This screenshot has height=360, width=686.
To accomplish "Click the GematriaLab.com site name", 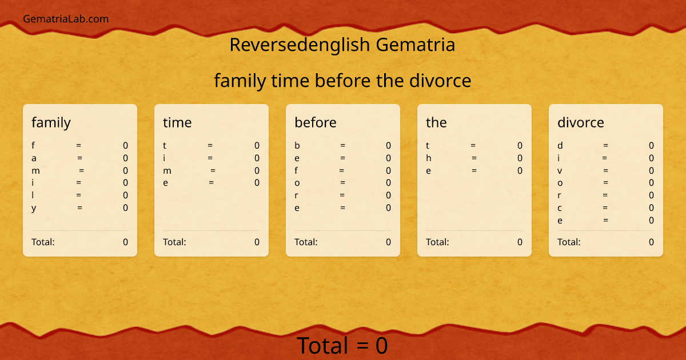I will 66,19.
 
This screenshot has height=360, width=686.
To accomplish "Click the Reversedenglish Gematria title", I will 342,45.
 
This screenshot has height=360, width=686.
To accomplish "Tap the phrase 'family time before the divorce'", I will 342,81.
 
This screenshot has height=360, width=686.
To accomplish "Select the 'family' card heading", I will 51,122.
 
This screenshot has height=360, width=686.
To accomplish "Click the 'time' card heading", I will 177,122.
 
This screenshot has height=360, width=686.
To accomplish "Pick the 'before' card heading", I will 316,122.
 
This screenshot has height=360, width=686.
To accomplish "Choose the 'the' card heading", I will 436,122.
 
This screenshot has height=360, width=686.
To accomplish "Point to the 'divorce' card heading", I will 580,122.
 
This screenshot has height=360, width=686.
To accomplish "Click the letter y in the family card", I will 34,208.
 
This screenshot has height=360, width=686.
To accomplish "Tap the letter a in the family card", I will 34,158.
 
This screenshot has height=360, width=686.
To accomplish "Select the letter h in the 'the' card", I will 429,158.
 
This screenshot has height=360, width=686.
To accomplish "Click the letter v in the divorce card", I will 560,170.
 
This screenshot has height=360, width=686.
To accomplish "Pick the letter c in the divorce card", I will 560,208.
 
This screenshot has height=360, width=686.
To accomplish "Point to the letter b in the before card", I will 297,145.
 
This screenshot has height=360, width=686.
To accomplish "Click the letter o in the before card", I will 297,183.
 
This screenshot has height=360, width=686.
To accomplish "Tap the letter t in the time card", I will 165,145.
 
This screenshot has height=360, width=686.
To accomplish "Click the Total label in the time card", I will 174,242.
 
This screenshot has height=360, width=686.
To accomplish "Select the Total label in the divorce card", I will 569,242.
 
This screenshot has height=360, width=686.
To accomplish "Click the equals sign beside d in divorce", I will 605,145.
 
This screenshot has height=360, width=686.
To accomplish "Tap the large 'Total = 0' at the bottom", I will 342,346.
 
